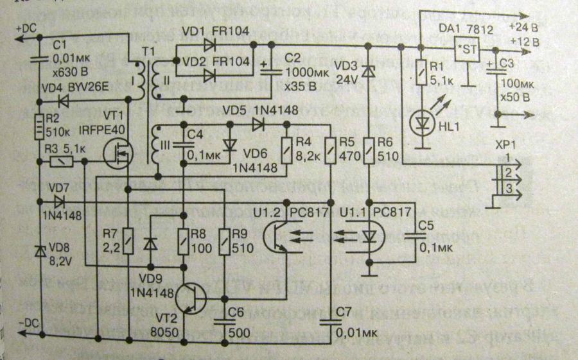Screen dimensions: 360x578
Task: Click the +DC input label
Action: [28, 28]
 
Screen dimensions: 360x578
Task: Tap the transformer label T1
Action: [148, 51]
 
